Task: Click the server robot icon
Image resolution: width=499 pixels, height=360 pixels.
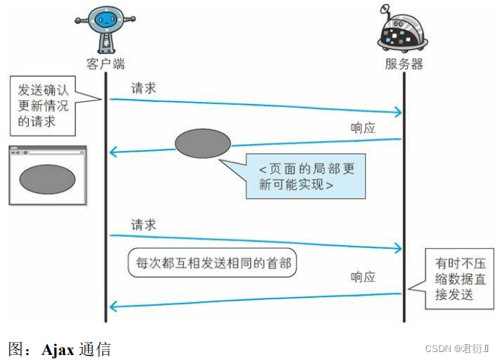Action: pyautogui.click(x=402, y=30)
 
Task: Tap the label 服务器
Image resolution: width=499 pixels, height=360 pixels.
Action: pyautogui.click(x=404, y=64)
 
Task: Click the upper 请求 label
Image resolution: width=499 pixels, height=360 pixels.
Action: pyautogui.click(x=143, y=88)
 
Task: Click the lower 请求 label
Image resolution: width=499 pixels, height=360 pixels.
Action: pyautogui.click(x=143, y=226)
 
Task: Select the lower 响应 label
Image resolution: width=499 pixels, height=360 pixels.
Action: pyautogui.click(x=363, y=277)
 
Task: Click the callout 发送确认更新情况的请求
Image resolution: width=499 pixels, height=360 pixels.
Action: pyautogui.click(x=45, y=106)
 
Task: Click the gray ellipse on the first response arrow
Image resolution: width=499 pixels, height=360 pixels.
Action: pyautogui.click(x=202, y=142)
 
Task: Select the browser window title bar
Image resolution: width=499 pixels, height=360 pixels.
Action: pyautogui.click(x=47, y=152)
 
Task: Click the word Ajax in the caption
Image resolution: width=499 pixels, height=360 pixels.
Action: pyautogui.click(x=57, y=350)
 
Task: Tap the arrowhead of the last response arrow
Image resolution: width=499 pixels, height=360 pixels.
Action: pyautogui.click(x=113, y=307)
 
